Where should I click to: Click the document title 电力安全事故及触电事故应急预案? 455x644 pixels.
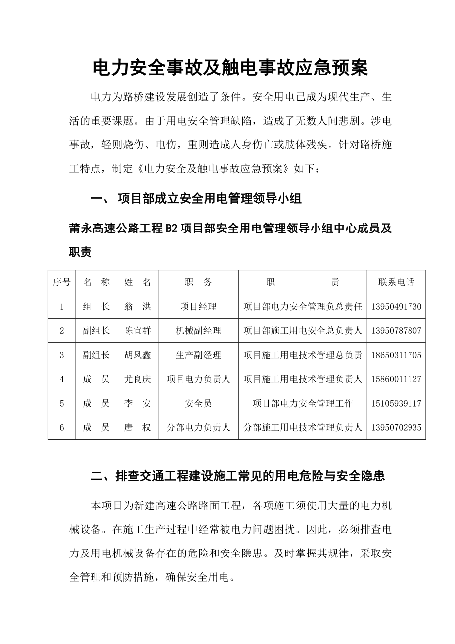tap(230, 68)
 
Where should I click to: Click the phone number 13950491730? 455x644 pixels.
tap(396, 307)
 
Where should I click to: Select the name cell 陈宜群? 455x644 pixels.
tap(137, 331)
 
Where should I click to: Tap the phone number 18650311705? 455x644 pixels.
tap(396, 355)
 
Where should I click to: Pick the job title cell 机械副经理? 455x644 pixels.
tap(198, 331)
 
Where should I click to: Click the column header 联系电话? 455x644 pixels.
tap(396, 282)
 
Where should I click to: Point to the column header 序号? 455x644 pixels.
tap(62, 282)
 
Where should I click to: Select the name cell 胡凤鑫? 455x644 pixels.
tap(137, 355)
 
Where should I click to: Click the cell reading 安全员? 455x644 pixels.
tap(198, 404)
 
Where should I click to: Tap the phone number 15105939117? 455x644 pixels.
tap(396, 404)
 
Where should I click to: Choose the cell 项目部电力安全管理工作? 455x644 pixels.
tap(303, 404)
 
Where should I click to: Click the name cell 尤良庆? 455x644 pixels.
tap(137, 379)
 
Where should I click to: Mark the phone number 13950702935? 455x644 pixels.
tap(396, 428)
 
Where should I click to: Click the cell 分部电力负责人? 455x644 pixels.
tap(198, 428)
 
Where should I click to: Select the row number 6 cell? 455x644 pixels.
tap(62, 428)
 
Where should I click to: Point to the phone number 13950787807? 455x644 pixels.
tap(396, 331)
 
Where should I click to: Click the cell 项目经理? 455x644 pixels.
tap(198, 307)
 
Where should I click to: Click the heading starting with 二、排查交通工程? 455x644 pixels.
tap(238, 476)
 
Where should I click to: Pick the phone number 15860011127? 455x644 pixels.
tap(396, 379)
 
